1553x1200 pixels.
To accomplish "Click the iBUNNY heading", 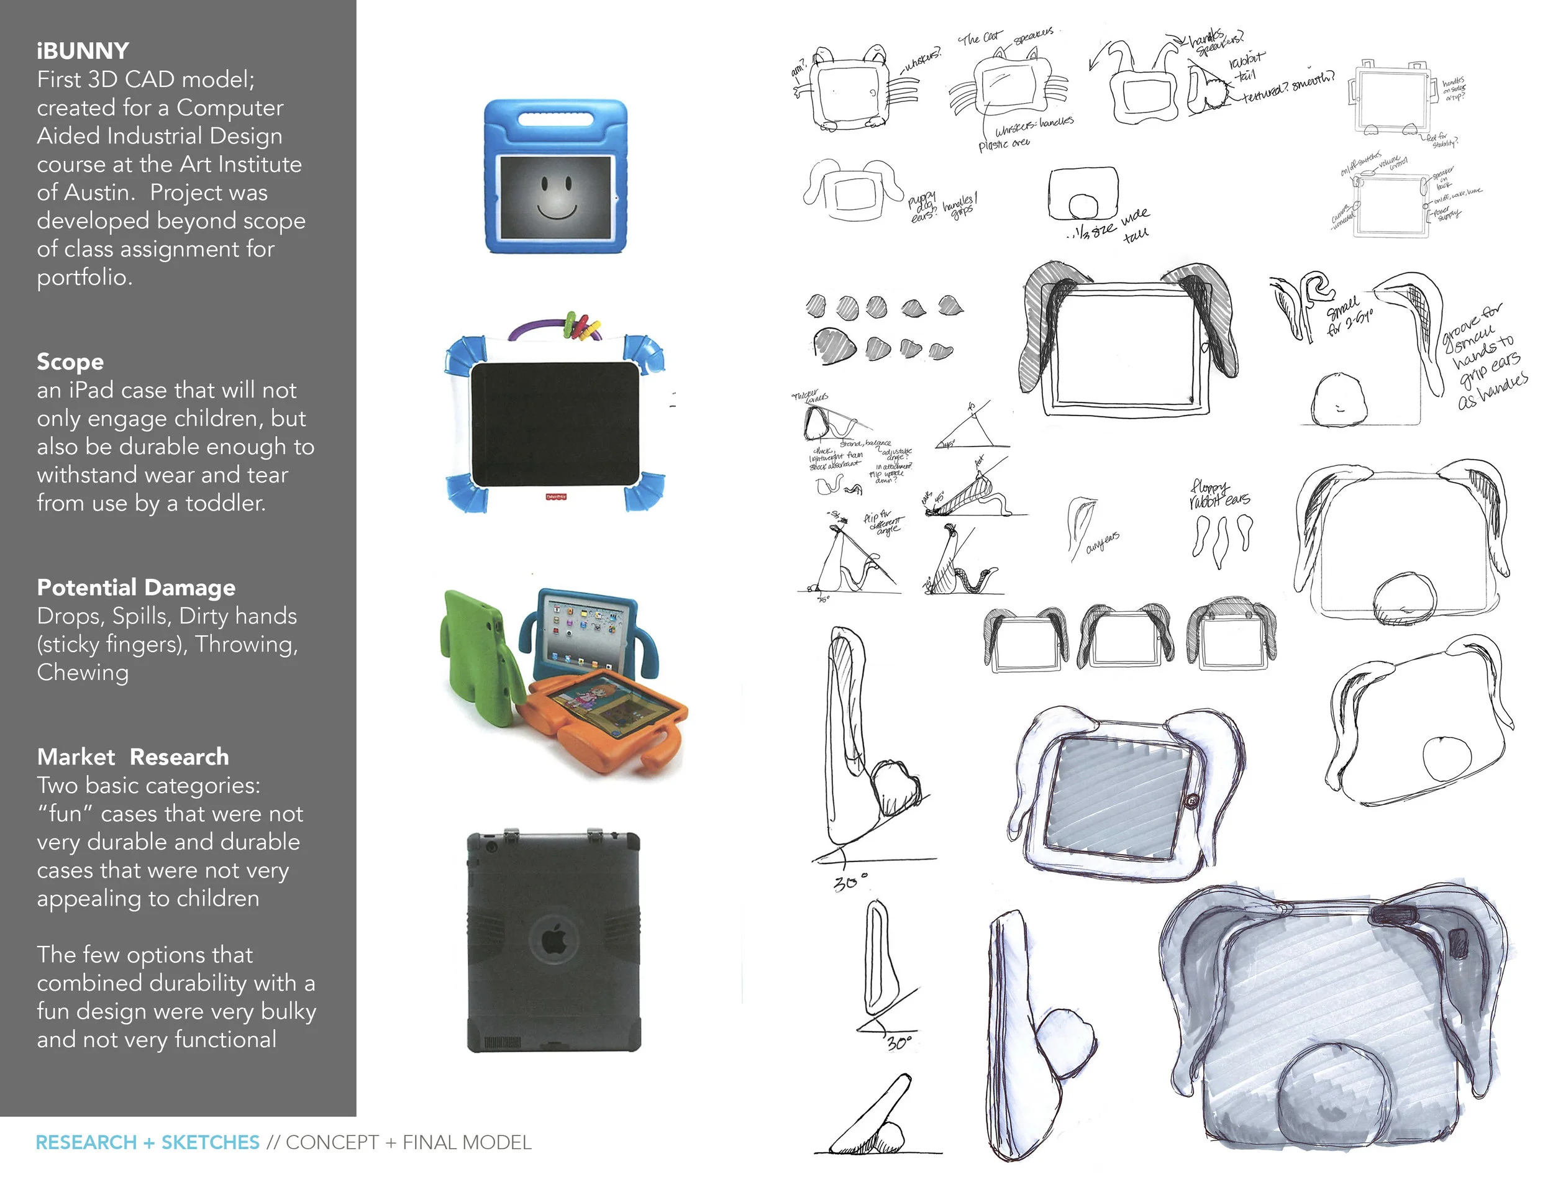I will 83,51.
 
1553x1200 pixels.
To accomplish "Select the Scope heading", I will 70,362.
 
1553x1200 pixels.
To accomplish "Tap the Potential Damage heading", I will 136,588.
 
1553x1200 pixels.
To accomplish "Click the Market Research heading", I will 133,757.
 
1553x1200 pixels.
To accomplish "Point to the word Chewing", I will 83,673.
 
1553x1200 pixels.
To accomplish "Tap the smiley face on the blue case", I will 556,198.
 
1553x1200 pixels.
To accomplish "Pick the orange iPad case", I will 604,718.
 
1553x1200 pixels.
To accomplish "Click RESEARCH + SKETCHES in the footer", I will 147,1143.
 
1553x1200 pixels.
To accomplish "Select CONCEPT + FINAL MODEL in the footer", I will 408,1143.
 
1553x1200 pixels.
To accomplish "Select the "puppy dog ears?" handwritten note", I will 924,206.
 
